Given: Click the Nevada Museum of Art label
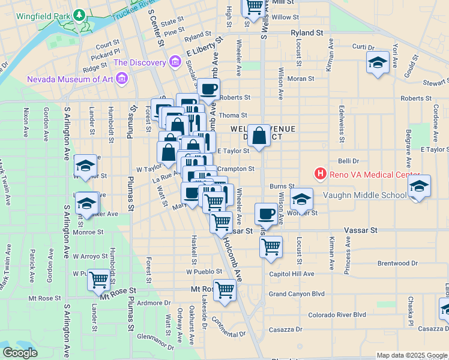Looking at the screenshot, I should [71, 79].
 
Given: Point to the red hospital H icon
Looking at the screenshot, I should [321, 175].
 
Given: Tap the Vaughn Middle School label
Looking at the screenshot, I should [365, 195].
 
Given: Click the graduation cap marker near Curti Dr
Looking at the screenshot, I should [378, 63].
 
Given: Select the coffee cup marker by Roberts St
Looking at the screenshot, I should [208, 89].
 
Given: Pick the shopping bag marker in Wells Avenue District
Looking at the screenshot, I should [259, 136].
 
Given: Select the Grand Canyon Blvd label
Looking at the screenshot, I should [297, 294].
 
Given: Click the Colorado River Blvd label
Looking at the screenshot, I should [337, 314].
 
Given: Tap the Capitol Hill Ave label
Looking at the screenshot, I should [292, 274].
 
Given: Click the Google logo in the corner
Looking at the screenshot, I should [20, 353].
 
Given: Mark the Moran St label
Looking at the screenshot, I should [301, 79].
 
